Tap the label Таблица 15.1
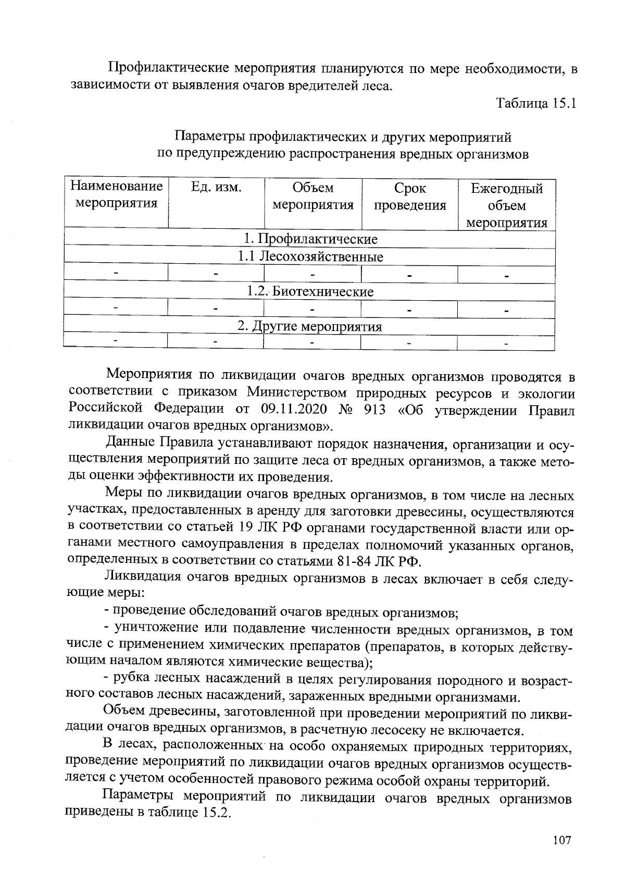point(536,103)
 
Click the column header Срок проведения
point(409,196)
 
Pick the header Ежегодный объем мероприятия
point(506,205)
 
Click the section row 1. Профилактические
point(310,239)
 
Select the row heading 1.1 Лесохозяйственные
point(310,256)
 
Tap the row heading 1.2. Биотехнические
point(310,291)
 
